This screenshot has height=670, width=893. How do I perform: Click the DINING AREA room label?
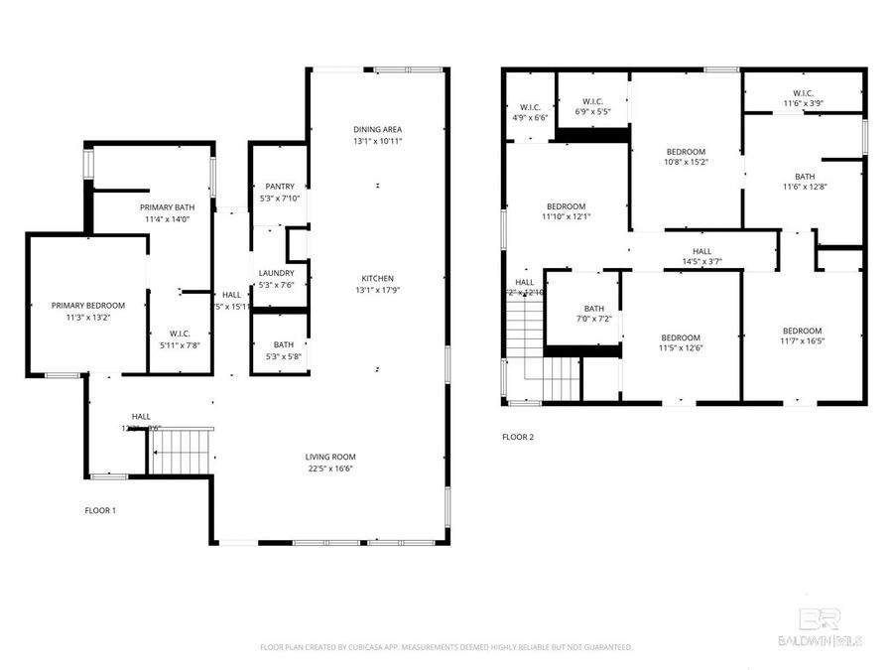coord(377,129)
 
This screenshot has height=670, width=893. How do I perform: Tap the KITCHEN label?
coord(377,278)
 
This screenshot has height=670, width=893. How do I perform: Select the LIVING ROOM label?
coord(329,457)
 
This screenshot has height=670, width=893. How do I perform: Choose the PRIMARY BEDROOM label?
coord(88,306)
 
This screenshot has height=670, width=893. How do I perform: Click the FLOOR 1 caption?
coord(100,510)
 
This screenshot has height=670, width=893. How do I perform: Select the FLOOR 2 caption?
coord(518,437)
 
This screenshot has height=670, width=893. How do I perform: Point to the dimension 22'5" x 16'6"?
coord(329,469)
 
